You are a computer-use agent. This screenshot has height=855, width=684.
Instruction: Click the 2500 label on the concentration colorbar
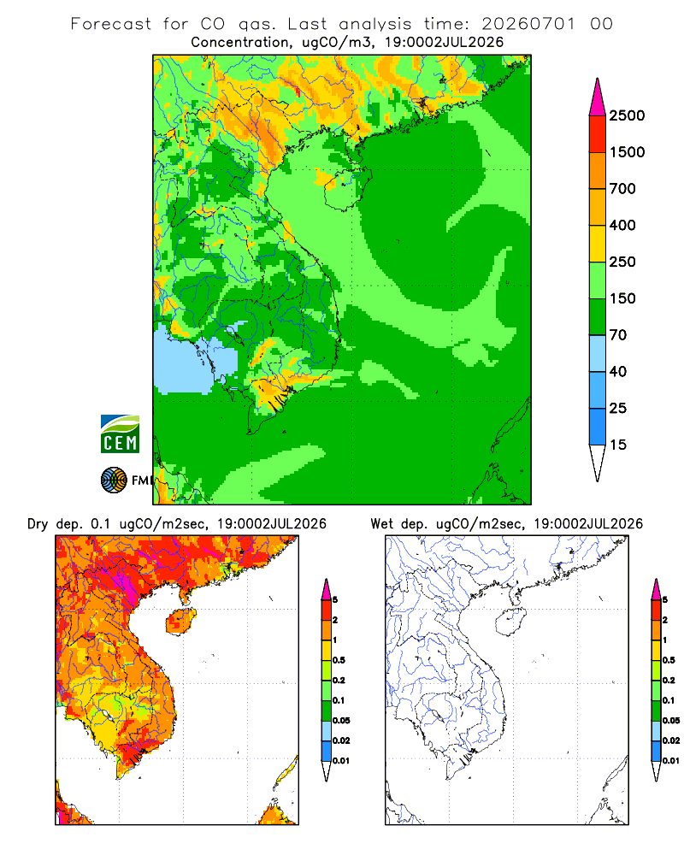(627, 115)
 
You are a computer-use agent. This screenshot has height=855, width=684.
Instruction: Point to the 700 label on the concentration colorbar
(622, 189)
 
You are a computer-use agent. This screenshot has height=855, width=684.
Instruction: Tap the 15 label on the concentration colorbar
(618, 445)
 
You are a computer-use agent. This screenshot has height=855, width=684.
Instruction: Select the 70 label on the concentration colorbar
(618, 335)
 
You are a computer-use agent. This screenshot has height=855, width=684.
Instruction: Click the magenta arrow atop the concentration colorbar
(598, 98)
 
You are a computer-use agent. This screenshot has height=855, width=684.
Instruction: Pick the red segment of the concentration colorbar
(598, 134)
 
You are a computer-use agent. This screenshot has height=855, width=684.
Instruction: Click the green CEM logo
(120, 434)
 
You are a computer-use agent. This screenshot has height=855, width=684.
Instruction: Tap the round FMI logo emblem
(114, 481)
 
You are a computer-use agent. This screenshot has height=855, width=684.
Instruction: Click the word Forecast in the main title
(111, 24)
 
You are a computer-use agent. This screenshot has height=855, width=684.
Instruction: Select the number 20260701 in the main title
(528, 24)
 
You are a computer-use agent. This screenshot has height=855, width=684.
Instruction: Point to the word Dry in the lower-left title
(38, 524)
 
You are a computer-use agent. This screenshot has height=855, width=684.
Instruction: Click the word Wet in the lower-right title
(381, 524)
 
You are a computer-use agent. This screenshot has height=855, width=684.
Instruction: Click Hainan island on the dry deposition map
(181, 622)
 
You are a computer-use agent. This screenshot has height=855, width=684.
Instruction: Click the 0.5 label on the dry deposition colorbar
(339, 660)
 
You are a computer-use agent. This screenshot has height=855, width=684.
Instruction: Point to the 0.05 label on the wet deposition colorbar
(671, 720)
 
